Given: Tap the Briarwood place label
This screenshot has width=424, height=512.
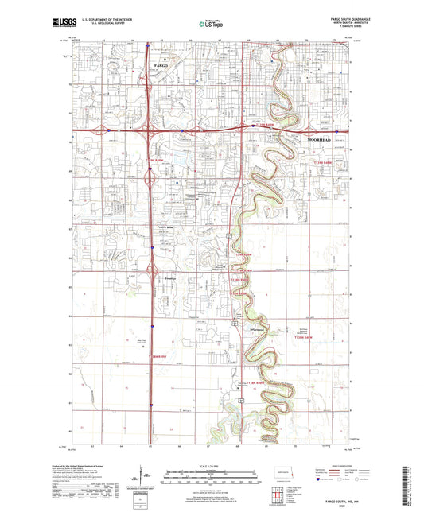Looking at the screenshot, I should click(255, 328).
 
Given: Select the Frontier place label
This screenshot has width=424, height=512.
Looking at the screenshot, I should click(158, 279).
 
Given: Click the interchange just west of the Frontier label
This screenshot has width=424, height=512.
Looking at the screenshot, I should click(149, 279).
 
